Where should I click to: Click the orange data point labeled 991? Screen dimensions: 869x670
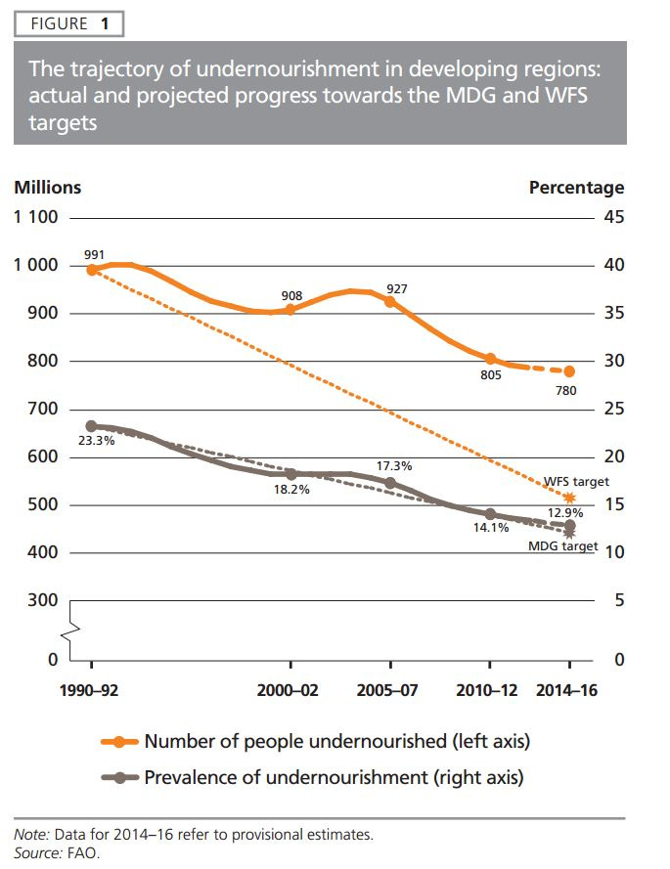92,270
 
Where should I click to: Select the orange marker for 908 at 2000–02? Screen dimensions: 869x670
290,310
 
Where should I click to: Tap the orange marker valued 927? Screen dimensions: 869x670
390,302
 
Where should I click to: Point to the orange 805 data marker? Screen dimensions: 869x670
490,360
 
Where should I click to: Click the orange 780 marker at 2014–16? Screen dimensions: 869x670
569,371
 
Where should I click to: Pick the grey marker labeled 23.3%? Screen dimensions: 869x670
92,426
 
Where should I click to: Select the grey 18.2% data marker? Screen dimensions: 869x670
290,474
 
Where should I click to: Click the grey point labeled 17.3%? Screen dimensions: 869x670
390,483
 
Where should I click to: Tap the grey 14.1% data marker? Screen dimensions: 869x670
490,513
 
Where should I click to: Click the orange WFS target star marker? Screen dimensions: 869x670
569,498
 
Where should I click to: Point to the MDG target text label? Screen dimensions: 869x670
562,545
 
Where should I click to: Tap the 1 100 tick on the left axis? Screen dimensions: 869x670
34,216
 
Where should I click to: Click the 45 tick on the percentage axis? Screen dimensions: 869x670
613,216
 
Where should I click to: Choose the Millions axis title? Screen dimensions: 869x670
47,188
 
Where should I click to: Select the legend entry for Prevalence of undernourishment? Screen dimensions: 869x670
333,778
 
